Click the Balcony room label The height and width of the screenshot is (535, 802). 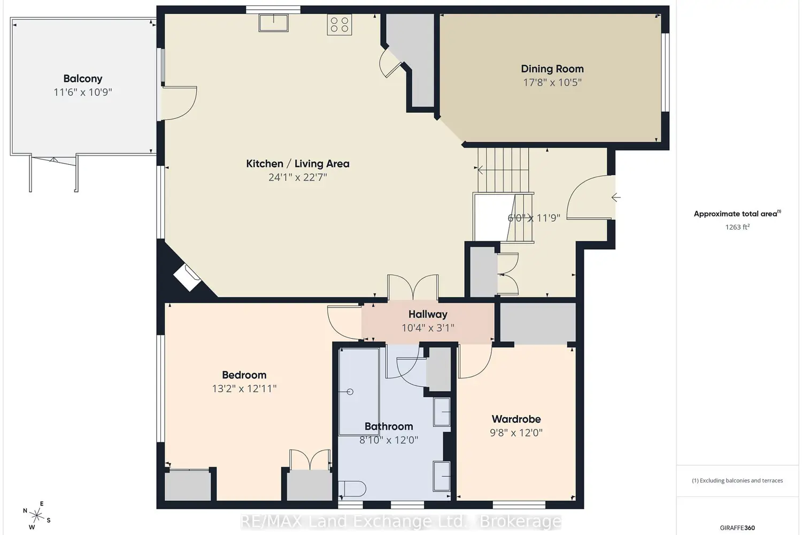click(83, 79)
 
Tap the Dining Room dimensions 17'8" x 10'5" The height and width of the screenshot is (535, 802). click(552, 82)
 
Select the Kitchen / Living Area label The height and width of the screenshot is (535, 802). click(297, 164)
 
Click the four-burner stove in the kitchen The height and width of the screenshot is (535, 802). click(340, 25)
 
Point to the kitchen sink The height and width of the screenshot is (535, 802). click(274, 23)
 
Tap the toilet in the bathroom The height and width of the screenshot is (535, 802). click(352, 489)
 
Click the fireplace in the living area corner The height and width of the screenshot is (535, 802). click(187, 278)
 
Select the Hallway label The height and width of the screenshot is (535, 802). click(428, 314)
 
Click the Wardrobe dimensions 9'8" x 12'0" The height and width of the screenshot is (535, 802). click(516, 433)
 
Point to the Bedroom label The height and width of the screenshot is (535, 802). click(244, 375)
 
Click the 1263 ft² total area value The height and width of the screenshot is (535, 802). click(737, 227)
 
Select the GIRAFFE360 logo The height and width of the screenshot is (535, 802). click(737, 528)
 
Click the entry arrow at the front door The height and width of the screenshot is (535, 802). click(616, 197)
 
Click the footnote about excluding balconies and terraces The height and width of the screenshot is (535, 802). click(737, 480)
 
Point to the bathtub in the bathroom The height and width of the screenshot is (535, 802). click(359, 392)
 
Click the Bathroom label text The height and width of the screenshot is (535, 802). click(389, 426)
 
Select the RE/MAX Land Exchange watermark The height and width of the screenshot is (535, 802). click(400, 522)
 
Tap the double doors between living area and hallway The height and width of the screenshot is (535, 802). click(413, 287)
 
